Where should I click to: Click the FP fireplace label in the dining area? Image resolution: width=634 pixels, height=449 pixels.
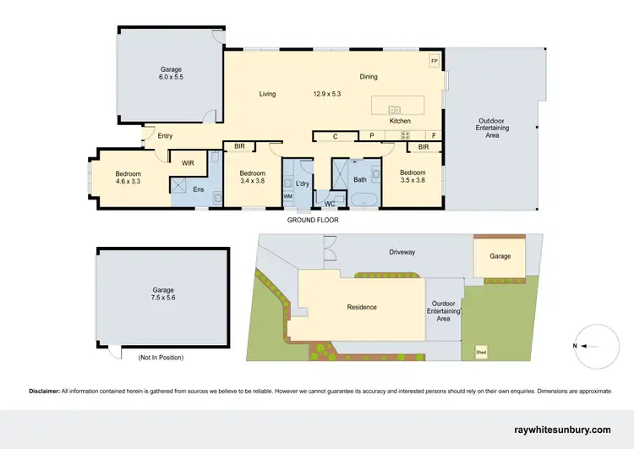[x=435, y=62]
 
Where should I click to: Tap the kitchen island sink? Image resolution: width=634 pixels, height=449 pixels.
[x=394, y=109]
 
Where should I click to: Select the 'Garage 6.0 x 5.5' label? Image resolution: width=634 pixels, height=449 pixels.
[x=172, y=73]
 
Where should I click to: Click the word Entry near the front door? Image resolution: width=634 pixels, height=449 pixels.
[x=164, y=136]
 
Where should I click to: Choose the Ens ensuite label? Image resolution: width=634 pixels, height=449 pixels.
[x=198, y=189]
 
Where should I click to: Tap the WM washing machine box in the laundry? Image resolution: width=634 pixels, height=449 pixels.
[x=287, y=196]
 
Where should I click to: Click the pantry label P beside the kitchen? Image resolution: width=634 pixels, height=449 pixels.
[x=371, y=136]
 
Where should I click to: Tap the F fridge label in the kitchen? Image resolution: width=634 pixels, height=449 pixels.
[x=434, y=136]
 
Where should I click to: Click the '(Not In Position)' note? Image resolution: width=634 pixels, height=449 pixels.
[x=161, y=358]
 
